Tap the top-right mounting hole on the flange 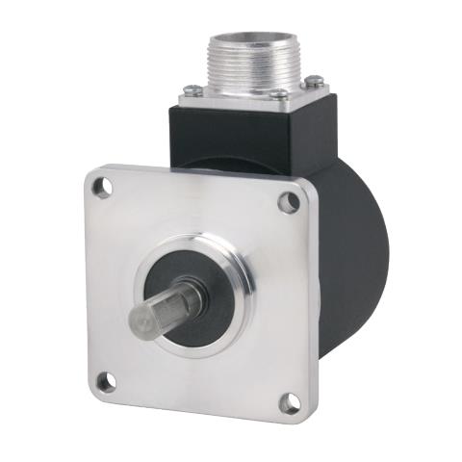[288, 202]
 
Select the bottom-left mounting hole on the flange [106, 382]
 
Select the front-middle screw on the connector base [277, 94]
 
